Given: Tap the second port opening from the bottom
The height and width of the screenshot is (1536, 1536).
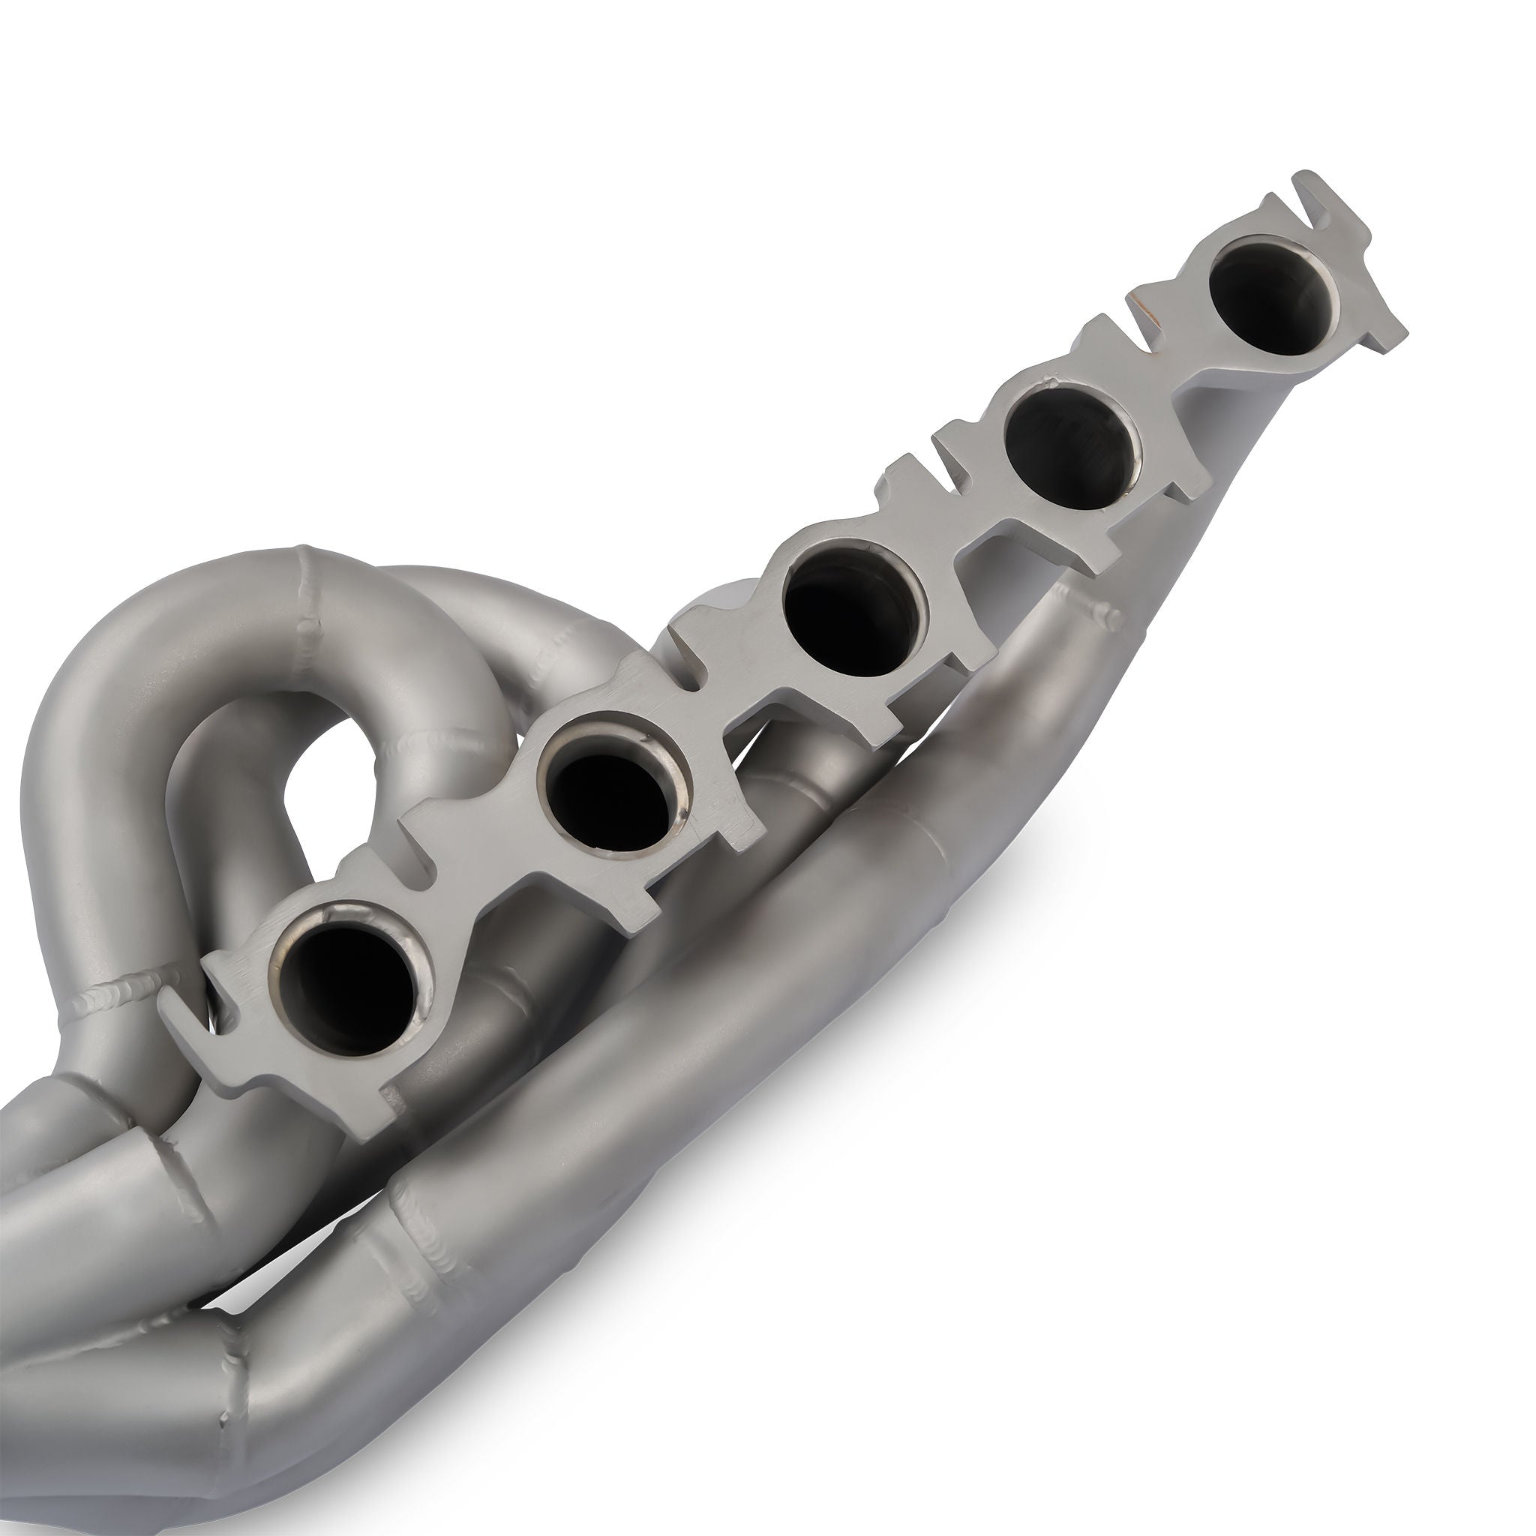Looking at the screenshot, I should pyautogui.click(x=612, y=792).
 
